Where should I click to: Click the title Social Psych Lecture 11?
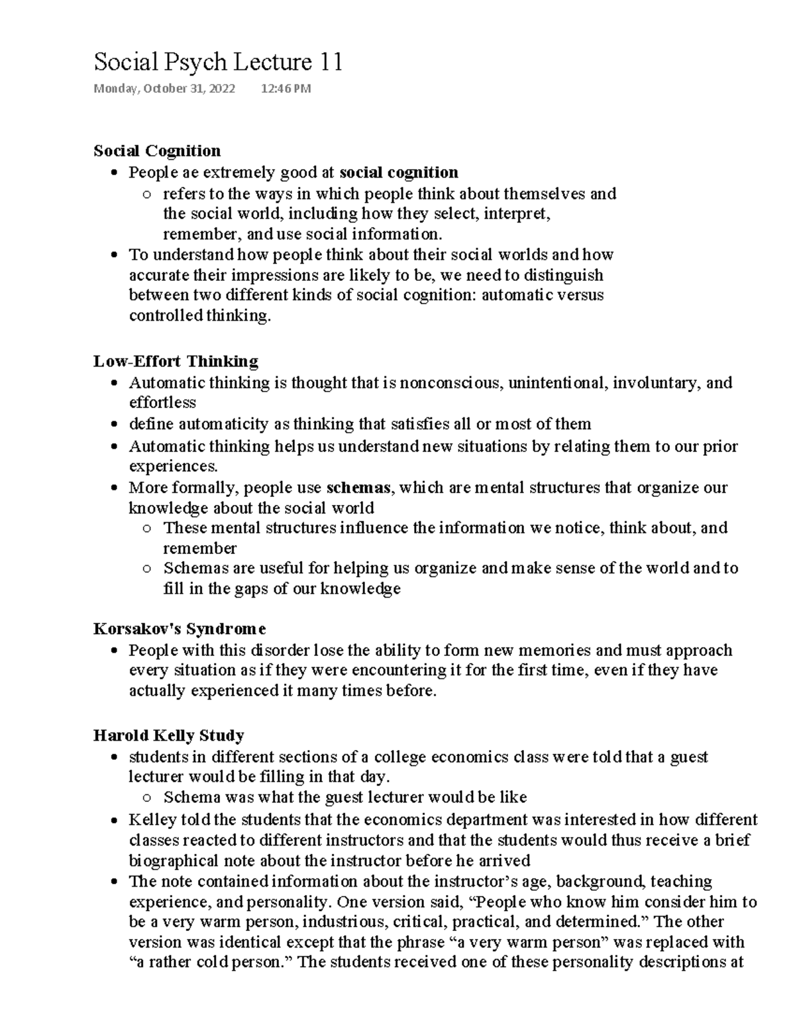(218, 62)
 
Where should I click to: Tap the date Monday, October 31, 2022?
(164, 89)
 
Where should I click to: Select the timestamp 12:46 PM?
(286, 89)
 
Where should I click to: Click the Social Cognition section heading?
(157, 151)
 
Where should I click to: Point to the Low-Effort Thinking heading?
(176, 361)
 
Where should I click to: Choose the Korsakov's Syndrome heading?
(180, 628)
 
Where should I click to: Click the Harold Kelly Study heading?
(169, 735)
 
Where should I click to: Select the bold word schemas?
(358, 488)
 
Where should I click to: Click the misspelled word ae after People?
(189, 173)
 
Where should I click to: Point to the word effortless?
(162, 403)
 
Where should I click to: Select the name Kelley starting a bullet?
(152, 820)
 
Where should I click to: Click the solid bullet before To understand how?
(115, 255)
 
